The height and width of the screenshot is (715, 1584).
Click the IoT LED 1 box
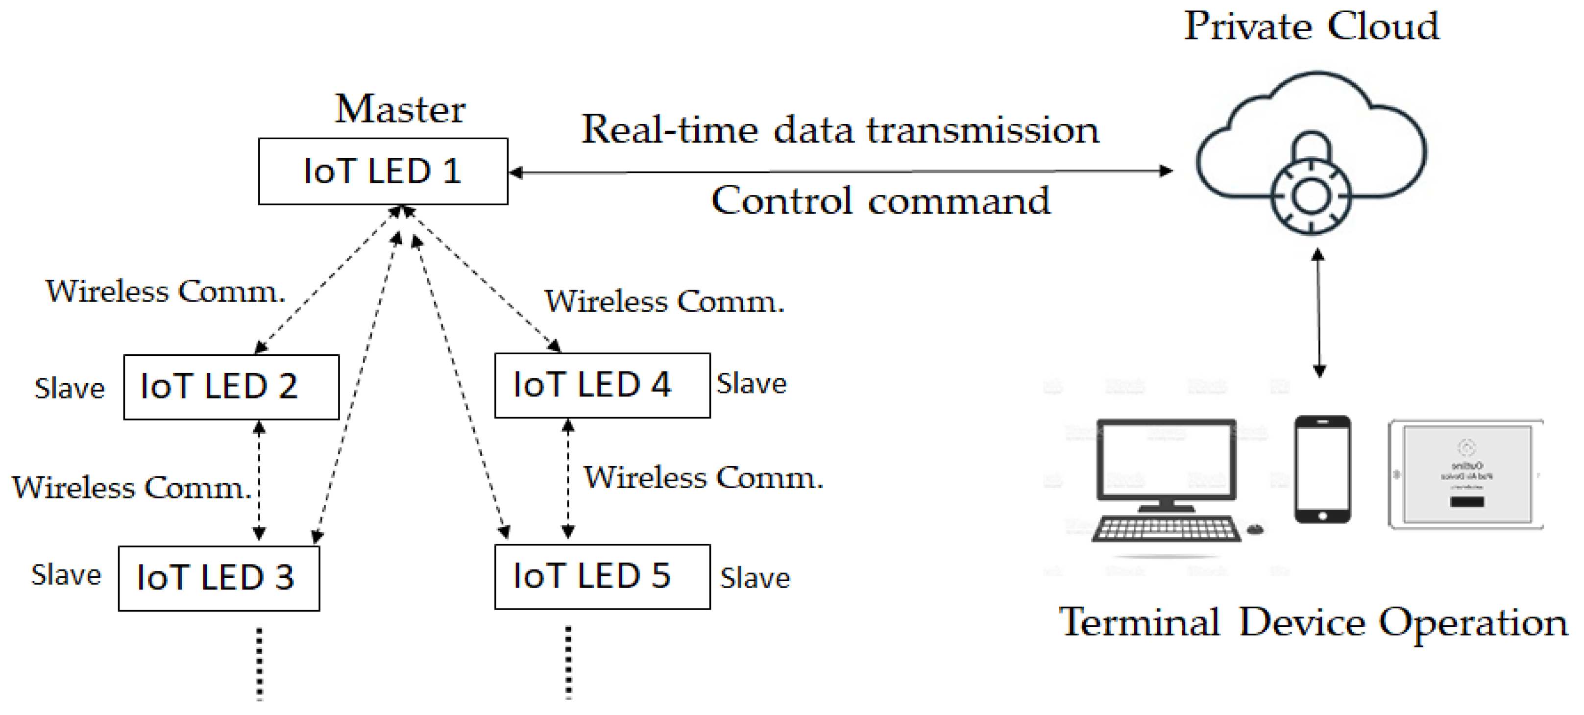pyautogui.click(x=383, y=172)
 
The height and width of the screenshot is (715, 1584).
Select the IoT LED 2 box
pyautogui.click(x=231, y=387)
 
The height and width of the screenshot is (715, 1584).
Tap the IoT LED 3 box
pyautogui.click(x=219, y=578)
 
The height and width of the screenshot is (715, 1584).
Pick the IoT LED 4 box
pyautogui.click(x=602, y=386)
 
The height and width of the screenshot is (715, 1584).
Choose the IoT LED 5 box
pyautogui.click(x=602, y=577)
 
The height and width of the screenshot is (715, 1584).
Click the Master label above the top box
pyautogui.click(x=400, y=109)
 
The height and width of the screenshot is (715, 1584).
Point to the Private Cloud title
pyautogui.click(x=1312, y=26)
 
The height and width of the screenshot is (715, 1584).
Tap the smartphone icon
pyautogui.click(x=1323, y=469)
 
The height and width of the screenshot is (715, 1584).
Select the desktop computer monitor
pyautogui.click(x=1167, y=461)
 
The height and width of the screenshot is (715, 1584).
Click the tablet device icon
pyautogui.click(x=1466, y=474)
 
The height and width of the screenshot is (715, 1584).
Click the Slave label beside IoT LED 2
pyautogui.click(x=70, y=389)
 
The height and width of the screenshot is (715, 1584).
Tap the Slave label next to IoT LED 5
pyautogui.click(x=755, y=578)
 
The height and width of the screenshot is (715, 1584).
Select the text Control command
pyautogui.click(x=880, y=201)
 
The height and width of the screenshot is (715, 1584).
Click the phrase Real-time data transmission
pyautogui.click(x=840, y=130)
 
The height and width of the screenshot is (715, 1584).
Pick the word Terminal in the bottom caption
pyautogui.click(x=1139, y=622)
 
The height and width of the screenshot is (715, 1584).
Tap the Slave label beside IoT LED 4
pyautogui.click(x=752, y=384)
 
